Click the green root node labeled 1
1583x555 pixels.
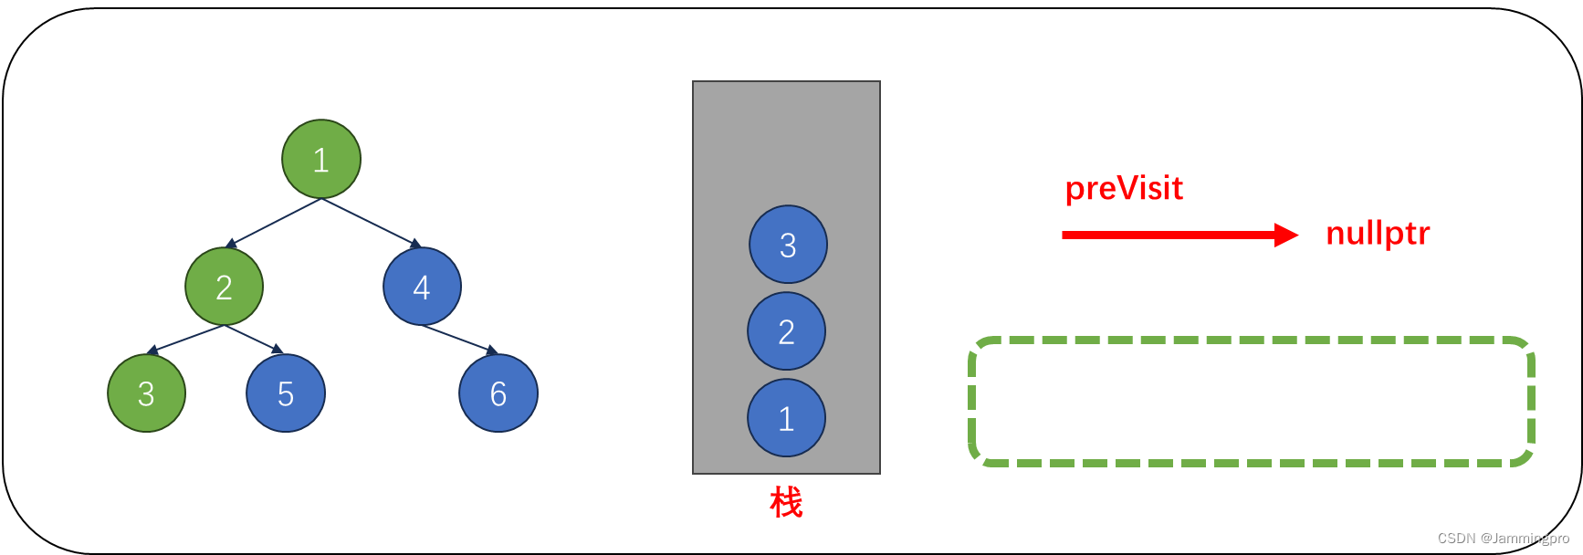coord(321,159)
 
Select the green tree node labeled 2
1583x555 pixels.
coord(224,287)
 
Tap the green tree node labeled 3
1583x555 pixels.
coord(146,393)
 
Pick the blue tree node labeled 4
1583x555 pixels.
coord(422,287)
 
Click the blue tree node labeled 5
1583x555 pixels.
coord(286,393)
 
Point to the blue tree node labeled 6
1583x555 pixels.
coord(498,393)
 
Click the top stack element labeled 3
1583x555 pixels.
coord(788,245)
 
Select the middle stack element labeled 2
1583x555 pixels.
coord(786,331)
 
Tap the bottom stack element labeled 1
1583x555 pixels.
coord(786,418)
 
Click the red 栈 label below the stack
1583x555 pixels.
coord(786,502)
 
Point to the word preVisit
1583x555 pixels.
coord(1124,188)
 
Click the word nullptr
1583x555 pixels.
coord(1378,234)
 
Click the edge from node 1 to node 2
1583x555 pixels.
coord(275,222)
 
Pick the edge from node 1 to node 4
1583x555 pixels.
coord(370,222)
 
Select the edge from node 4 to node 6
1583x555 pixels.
coord(459,339)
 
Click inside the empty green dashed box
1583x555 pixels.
coord(1251,402)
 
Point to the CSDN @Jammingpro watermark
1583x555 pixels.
coord(1503,539)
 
